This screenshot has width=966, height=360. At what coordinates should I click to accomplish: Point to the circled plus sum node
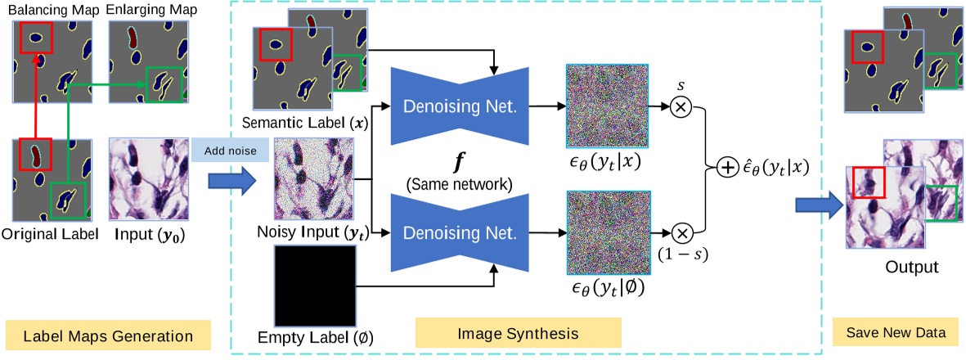click(726, 169)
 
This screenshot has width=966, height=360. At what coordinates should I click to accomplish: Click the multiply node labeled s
click(681, 106)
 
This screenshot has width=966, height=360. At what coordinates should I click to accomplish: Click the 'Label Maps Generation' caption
click(108, 336)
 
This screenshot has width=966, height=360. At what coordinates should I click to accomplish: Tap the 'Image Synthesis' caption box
click(518, 334)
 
